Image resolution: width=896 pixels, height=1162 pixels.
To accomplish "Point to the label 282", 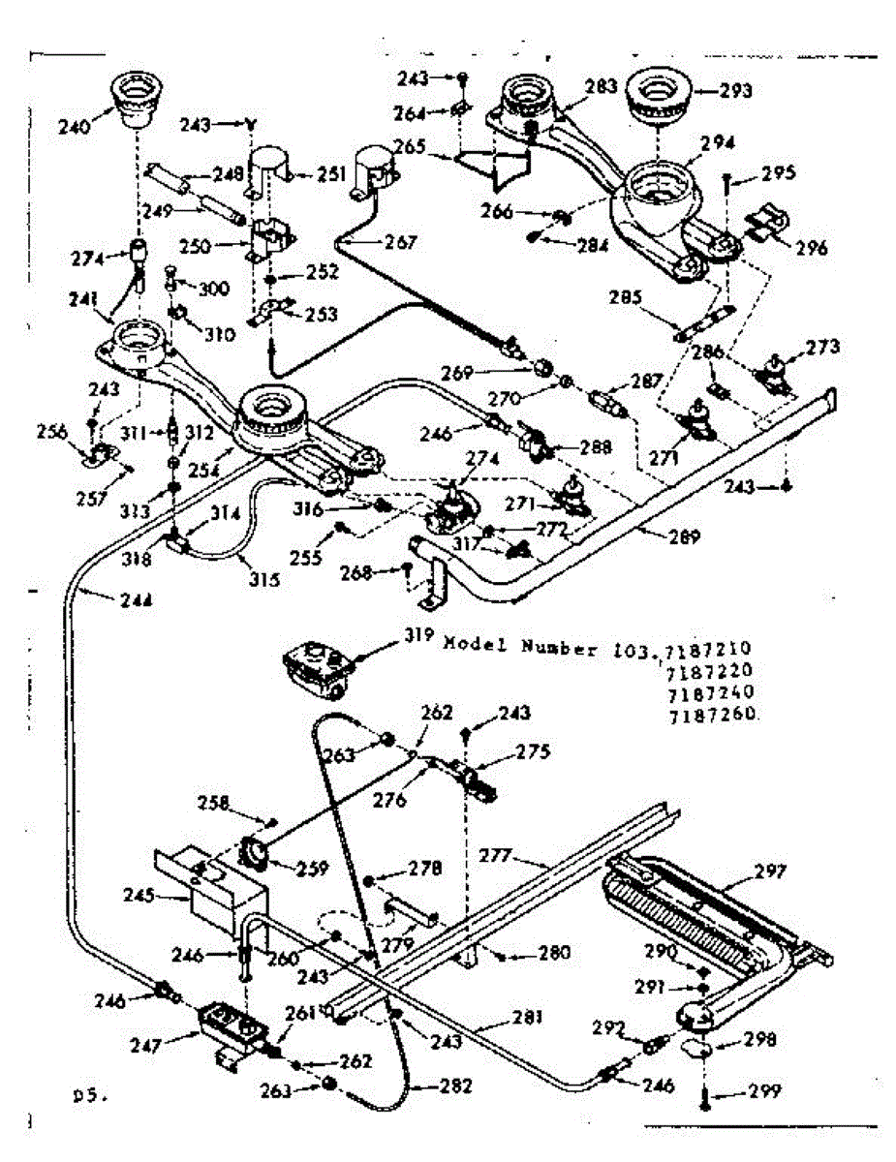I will [x=451, y=1086].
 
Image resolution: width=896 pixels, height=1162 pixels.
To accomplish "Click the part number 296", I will [x=812, y=247].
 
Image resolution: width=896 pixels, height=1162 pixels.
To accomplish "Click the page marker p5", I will [x=88, y=1097].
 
